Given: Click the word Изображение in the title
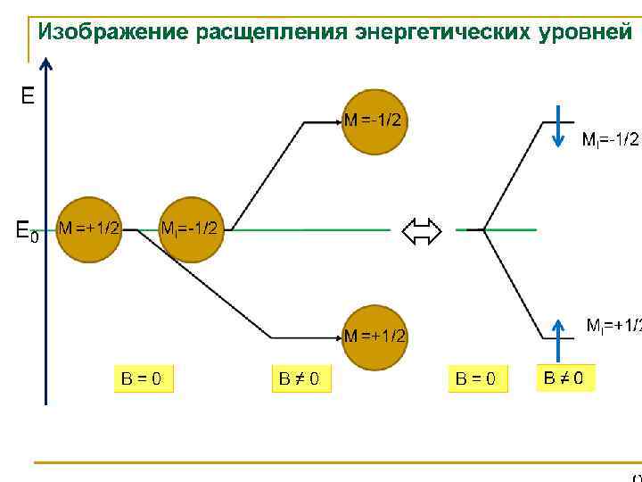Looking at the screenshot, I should click(112, 33).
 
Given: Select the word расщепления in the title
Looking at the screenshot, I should click(271, 33).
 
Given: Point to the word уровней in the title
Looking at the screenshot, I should click(585, 33).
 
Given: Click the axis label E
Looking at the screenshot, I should click(28, 96).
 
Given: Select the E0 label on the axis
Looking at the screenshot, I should click(28, 230).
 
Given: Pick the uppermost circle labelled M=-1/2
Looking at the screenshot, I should click(374, 121).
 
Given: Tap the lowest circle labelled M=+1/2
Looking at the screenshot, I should click(374, 337).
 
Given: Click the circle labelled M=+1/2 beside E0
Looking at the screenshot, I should click(88, 229).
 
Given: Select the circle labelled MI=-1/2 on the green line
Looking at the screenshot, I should click(189, 229).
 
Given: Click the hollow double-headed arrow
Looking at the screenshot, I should click(423, 232).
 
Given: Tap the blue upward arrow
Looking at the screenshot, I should click(556, 338).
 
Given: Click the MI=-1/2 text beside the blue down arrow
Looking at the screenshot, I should click(610, 139).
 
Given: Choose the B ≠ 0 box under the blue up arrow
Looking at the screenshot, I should click(564, 378).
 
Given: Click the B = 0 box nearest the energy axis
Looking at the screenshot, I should click(142, 378).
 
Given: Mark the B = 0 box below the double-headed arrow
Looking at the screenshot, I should click(476, 378).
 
